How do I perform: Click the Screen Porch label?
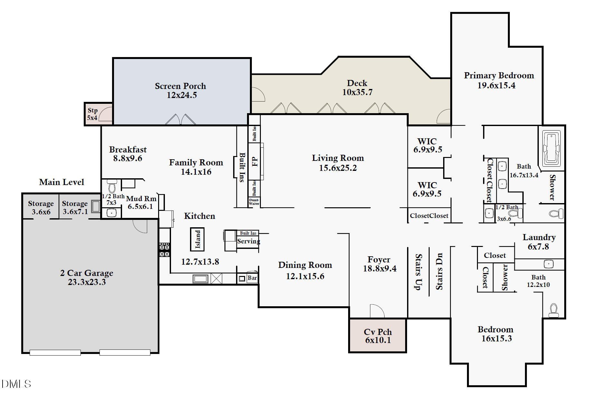[x=180, y=86]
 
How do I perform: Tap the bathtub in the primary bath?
[x=551, y=148]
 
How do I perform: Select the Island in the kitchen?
[x=197, y=239]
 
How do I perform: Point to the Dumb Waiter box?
[x=254, y=202]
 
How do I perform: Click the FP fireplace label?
[x=255, y=161]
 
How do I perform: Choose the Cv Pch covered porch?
[x=377, y=336]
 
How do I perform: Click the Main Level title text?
[x=62, y=182]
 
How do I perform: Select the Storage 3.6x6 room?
[x=41, y=208]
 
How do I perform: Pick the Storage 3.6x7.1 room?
[x=75, y=208]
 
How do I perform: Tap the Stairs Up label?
[x=418, y=272]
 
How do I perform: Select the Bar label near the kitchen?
[x=252, y=278]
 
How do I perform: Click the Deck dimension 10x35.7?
[x=357, y=93]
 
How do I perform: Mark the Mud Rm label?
[x=141, y=199]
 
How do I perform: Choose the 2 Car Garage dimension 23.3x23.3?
[x=87, y=282]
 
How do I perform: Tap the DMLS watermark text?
[x=16, y=384]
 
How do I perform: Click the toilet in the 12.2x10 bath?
[x=553, y=310]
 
